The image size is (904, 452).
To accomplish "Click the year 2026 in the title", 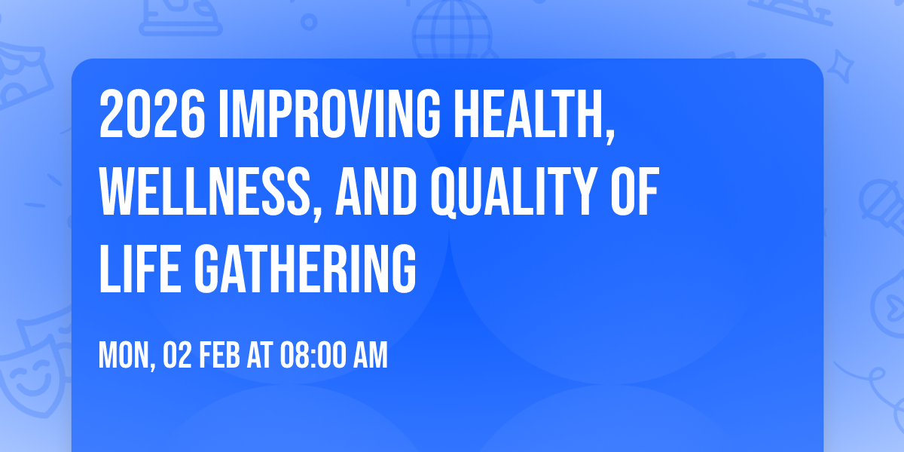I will [151, 115].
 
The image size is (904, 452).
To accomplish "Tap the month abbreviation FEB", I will [218, 356].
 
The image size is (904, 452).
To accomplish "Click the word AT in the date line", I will [260, 356].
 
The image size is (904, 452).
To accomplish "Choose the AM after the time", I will [371, 356].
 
